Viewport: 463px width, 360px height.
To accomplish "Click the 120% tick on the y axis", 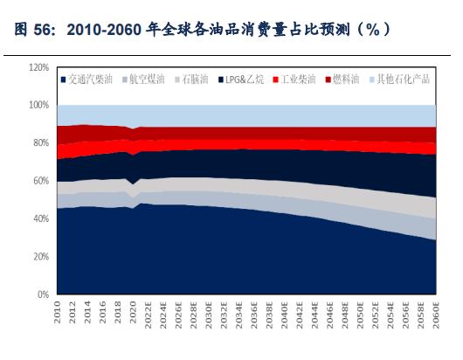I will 38,67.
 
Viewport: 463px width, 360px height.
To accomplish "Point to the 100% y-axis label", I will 38,105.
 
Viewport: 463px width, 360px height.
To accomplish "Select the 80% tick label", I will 39,143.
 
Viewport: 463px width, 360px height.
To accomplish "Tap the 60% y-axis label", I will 39,181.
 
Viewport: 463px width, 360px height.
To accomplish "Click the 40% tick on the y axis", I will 39,219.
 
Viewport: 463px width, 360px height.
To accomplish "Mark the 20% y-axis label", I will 39,257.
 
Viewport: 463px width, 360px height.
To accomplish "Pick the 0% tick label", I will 42,295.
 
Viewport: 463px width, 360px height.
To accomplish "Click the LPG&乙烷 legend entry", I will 238,80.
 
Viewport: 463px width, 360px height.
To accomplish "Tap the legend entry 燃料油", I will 347,80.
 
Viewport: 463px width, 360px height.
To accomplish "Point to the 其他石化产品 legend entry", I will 403,80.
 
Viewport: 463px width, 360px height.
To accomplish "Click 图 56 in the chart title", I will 32,30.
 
